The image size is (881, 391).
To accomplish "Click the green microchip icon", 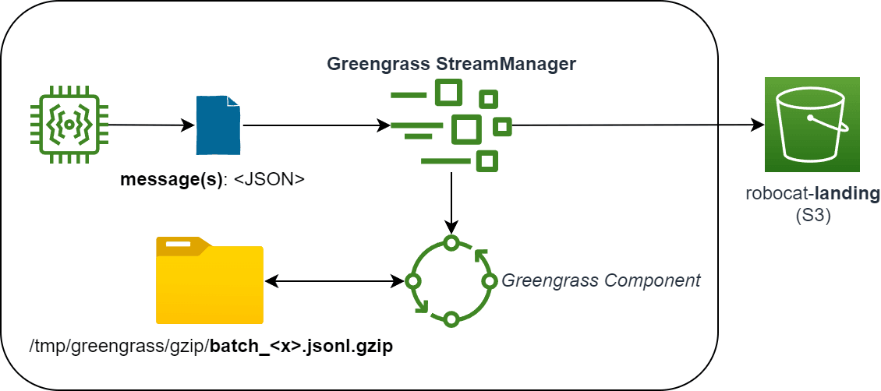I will click(x=69, y=125).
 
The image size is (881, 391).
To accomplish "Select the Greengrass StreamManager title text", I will click(x=451, y=64).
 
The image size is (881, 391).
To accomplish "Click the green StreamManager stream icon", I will click(x=451, y=125).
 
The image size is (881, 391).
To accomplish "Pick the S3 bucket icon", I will click(x=812, y=125).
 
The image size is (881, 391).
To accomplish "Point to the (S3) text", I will click(x=812, y=214).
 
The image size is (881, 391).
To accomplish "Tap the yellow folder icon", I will click(x=210, y=280).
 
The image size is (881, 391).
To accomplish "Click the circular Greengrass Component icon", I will click(x=451, y=281).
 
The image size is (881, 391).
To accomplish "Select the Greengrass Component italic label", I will click(x=600, y=280).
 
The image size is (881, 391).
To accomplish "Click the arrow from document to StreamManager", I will click(x=316, y=125).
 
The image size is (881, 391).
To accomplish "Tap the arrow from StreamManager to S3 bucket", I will click(x=635, y=125).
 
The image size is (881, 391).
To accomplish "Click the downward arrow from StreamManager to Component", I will click(x=451, y=203).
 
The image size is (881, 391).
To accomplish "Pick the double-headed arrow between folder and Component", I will click(x=335, y=280).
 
